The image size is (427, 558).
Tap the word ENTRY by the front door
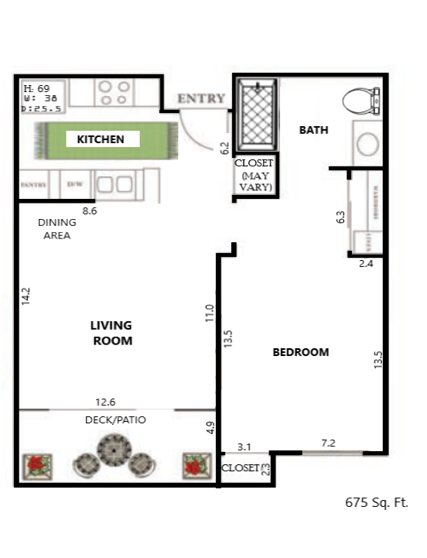tap(201, 99)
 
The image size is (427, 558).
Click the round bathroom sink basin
tap(367, 145)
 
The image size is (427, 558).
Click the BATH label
tap(313, 130)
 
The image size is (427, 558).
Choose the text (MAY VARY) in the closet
tap(254, 181)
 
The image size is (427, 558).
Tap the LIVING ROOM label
tap(111, 333)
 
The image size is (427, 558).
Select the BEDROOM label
tap(301, 352)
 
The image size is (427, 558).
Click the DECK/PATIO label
tap(115, 419)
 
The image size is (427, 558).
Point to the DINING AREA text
tap(56, 228)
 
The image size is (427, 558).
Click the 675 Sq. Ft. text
tap(376, 502)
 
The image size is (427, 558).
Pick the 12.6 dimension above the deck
tap(105, 402)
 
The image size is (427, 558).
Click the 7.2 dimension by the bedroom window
tap(329, 442)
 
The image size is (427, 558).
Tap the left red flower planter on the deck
tap(36, 465)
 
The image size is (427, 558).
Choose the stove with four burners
tap(114, 93)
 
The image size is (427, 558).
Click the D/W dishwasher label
tap(75, 185)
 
